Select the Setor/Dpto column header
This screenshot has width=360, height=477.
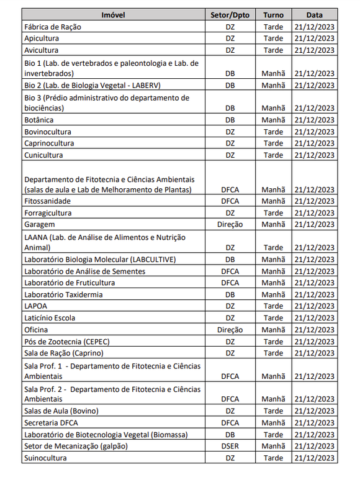(230, 15)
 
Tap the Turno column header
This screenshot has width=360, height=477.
(273, 15)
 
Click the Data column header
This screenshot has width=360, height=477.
(314, 15)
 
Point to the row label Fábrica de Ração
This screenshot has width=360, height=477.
(52, 27)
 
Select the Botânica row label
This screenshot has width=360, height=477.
(38, 120)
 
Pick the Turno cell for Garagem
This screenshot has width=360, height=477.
(273, 224)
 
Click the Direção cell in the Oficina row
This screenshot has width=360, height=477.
(230, 330)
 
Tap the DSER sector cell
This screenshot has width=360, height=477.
(230, 447)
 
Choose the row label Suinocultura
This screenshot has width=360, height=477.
(45, 458)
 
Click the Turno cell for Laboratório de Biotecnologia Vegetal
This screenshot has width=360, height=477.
(273, 435)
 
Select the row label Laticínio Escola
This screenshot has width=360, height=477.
(50, 318)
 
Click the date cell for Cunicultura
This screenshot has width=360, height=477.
(314, 155)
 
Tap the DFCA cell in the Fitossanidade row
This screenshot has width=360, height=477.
(230, 201)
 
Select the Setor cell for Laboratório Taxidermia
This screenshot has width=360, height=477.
(230, 294)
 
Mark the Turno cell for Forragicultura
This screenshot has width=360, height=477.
(273, 213)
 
